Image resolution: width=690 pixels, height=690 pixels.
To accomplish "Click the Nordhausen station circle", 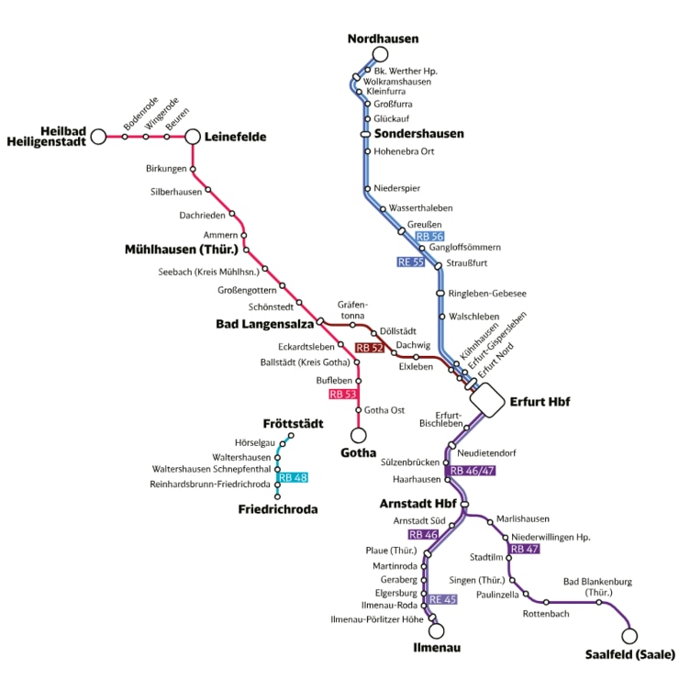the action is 380,54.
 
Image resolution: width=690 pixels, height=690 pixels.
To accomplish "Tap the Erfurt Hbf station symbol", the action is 487,400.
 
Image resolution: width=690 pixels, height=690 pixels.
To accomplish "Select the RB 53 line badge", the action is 343,395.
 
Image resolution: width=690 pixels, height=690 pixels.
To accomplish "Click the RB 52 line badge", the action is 370,348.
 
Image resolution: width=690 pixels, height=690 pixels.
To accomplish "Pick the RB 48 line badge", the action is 293,477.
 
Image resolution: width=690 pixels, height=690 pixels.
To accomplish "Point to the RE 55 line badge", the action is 411,262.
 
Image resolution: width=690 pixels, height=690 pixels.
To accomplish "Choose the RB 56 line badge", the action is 429,237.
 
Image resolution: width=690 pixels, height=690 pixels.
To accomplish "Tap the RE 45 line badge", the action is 442,599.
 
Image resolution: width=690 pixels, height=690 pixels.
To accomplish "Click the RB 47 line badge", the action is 525,549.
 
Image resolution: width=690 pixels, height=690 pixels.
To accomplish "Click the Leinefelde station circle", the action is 193,137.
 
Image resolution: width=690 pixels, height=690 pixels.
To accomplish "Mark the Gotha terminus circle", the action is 358,435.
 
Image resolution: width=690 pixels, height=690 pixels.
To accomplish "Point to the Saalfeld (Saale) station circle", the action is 629,636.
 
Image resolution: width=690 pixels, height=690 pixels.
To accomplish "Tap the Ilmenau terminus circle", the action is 437,631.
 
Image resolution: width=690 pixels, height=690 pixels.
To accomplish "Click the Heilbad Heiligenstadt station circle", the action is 98,137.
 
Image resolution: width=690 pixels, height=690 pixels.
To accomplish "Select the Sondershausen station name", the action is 419,134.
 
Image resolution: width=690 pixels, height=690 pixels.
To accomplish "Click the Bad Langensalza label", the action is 265,324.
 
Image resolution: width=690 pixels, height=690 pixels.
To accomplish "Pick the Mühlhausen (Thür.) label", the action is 182,250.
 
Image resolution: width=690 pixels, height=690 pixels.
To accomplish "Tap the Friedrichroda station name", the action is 278,509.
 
